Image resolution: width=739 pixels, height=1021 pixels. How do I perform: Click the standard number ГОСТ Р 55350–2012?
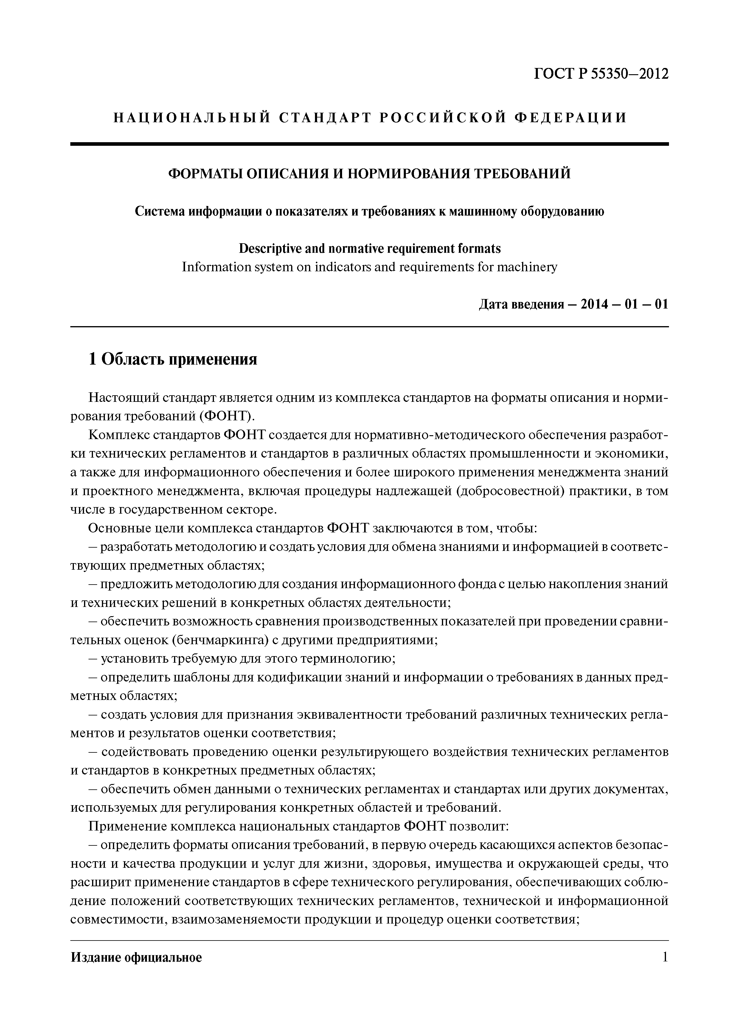click(x=601, y=73)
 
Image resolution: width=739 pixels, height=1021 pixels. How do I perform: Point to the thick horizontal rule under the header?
click(x=369, y=144)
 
